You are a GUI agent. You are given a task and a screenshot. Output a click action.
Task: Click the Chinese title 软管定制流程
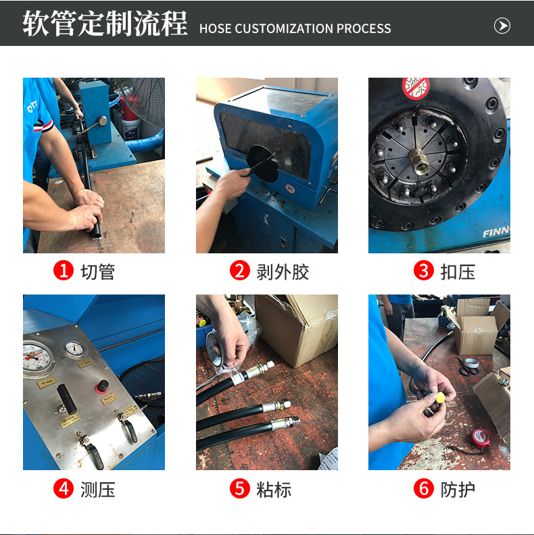tap(105, 24)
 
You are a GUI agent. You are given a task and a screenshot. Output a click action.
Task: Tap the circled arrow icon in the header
tap(502, 26)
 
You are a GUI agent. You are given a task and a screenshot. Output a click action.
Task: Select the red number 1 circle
tap(64, 272)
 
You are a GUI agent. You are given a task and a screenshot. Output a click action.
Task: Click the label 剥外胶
tap(283, 272)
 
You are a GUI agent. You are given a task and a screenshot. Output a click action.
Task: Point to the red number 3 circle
tap(423, 272)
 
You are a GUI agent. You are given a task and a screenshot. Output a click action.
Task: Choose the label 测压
tap(98, 489)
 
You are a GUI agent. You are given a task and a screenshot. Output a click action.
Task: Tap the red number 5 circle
tap(240, 489)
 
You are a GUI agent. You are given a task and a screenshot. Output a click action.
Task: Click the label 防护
tap(458, 489)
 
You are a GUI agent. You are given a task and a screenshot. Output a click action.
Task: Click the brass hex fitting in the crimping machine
tap(420, 165)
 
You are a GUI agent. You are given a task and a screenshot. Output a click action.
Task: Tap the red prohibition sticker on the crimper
tap(416, 87)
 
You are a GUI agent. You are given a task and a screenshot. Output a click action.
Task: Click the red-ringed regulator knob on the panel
tap(101, 386)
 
